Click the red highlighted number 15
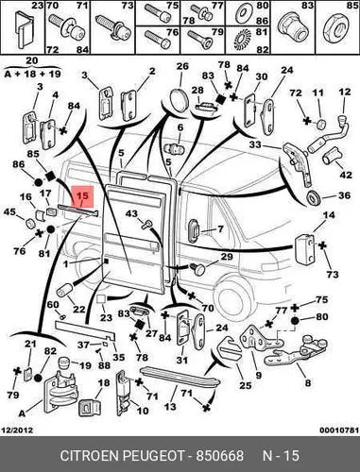83,195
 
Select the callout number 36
344,195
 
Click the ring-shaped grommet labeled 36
313,198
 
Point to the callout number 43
131,214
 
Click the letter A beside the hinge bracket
22,413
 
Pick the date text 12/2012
18,430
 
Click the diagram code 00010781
339,430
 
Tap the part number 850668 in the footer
220,456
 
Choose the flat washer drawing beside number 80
243,13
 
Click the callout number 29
227,257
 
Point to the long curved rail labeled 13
180,377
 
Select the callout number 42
345,174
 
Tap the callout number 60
53,305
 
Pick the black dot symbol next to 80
295,321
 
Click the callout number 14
329,215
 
